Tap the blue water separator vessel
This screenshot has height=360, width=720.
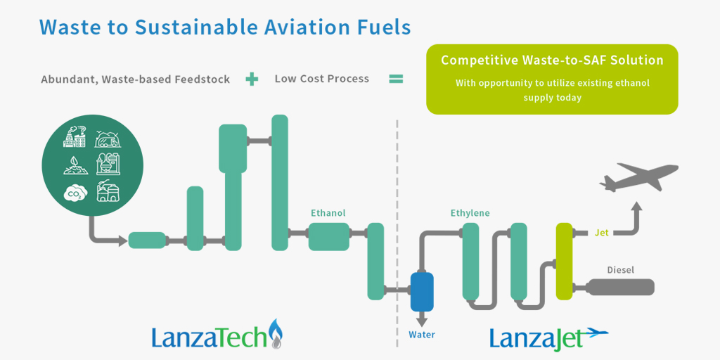coord(422,292)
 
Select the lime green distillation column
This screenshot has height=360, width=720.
coord(565,260)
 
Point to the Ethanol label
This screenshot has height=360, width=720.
coord(328,213)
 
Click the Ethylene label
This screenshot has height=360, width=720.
coord(470,213)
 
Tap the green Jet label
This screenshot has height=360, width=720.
coord(602,232)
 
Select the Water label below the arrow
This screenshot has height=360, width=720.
coord(422,335)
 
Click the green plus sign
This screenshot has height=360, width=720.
coord(252,79)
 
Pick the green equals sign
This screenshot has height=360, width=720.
coord(397,79)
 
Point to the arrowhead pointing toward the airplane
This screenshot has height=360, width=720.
coord(636,207)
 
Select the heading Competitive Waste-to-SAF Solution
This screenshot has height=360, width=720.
coord(552,60)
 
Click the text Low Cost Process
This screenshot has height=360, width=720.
coord(322,79)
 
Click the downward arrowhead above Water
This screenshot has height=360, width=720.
coord(422,320)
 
